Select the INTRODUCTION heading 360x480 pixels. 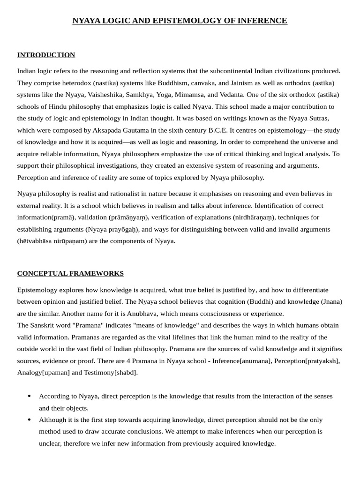(46, 55)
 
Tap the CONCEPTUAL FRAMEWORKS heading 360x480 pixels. (70, 273)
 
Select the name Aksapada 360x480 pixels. (111, 130)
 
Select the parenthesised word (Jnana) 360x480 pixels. (330, 301)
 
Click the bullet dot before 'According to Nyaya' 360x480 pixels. (30, 396)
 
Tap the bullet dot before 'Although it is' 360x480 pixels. (30, 420)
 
